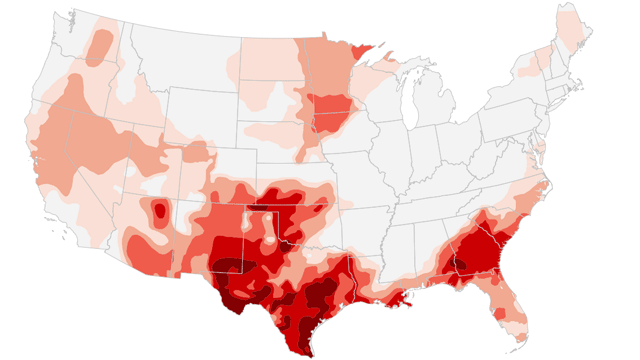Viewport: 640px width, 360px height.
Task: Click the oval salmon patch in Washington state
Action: pos(99,47)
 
